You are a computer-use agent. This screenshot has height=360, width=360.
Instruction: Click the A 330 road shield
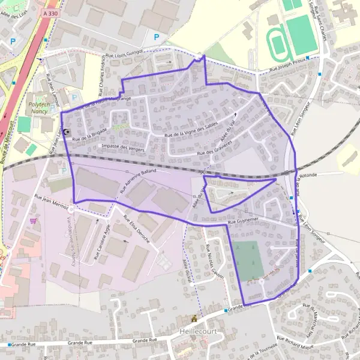[x=52, y=12]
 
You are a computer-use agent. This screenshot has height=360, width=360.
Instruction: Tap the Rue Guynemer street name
[x=245, y=222]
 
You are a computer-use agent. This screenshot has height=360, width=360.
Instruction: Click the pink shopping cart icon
[x=33, y=220]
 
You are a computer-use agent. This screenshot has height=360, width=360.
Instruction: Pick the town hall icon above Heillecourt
[x=194, y=319]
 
